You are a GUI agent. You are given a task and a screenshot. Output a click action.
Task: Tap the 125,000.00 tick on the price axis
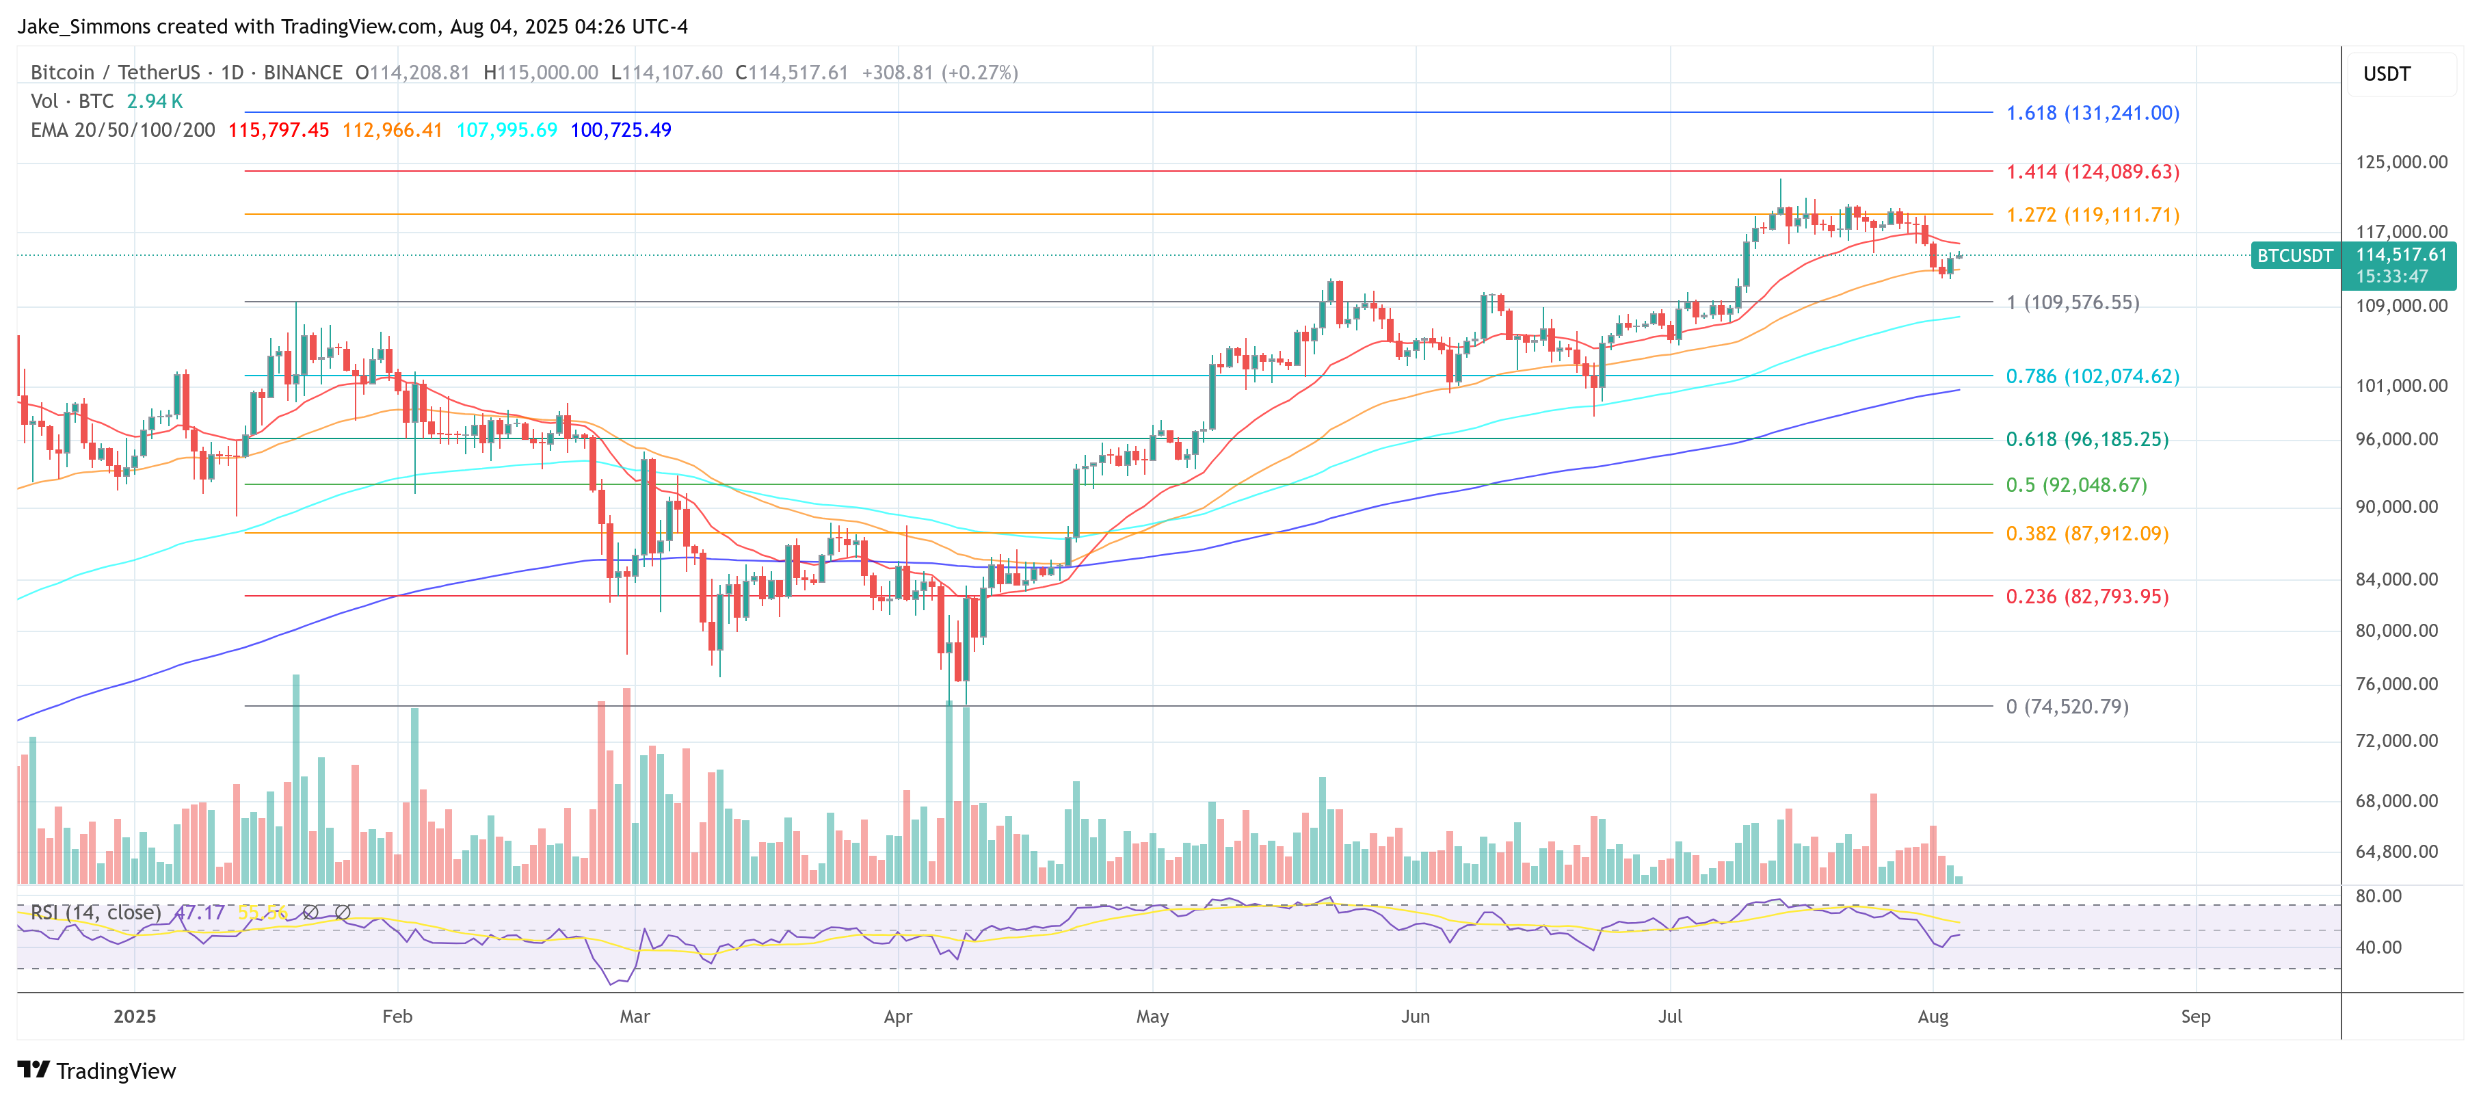pos(2401,162)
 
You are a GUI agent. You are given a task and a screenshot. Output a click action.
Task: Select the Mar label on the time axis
pos(635,1016)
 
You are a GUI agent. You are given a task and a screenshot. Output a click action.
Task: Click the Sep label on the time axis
pos(2195,1016)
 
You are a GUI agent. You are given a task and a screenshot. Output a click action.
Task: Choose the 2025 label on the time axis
pos(135,1016)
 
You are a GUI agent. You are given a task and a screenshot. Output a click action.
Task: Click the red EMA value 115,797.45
pos(278,130)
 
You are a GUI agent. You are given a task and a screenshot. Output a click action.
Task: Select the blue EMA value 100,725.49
pos(620,130)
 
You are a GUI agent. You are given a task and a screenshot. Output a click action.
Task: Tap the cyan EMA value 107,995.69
pos(507,130)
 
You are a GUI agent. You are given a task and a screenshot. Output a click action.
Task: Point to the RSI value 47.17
pos(200,912)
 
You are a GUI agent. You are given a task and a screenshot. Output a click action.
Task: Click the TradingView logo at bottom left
pos(96,1071)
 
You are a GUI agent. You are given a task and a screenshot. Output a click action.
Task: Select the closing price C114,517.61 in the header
pos(792,73)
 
